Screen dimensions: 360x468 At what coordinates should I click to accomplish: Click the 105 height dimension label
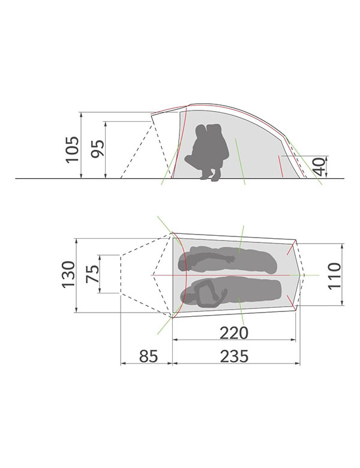point(73,149)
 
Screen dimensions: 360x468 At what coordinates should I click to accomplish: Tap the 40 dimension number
point(319,167)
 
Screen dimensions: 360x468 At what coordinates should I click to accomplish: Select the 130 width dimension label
point(68,274)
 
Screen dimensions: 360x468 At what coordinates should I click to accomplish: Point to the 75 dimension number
point(92,274)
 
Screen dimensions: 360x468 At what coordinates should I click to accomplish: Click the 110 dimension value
point(334,275)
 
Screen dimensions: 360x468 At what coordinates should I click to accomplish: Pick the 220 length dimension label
point(234,333)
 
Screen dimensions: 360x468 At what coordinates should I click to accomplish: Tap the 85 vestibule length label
point(148,356)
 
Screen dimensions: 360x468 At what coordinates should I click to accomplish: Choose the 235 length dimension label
point(235,356)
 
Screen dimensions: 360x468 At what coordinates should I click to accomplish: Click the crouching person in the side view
point(208,152)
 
